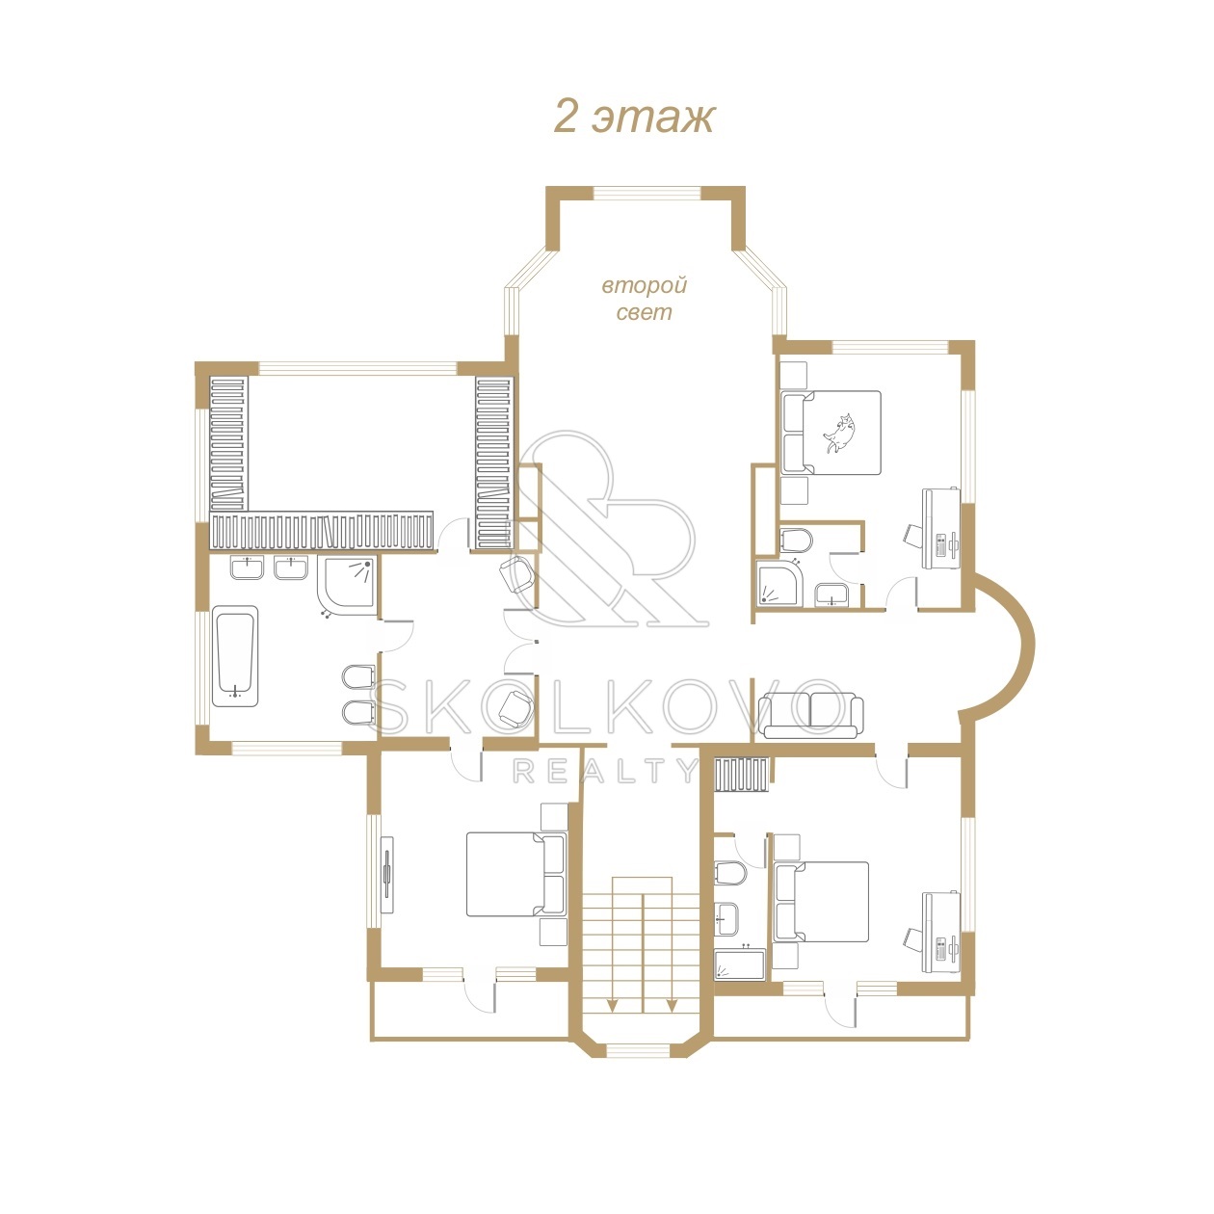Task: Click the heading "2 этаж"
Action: (x=634, y=117)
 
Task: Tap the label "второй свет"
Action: (x=644, y=299)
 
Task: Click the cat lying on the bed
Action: (x=840, y=433)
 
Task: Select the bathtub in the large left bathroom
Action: (x=235, y=656)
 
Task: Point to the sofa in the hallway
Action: (x=811, y=715)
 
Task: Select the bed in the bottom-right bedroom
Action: (x=822, y=901)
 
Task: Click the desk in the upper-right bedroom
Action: (x=941, y=528)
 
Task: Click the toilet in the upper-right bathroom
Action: (x=796, y=540)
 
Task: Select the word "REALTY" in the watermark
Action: (x=606, y=771)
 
